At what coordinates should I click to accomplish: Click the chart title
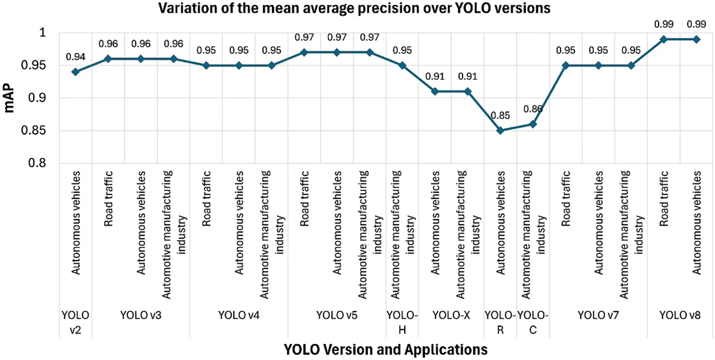(x=354, y=8)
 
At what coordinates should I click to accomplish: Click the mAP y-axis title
(x=9, y=98)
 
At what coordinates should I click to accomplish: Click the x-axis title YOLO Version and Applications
(x=385, y=349)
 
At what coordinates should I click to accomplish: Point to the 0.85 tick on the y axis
(x=33, y=131)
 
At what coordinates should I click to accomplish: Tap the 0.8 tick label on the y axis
(x=37, y=163)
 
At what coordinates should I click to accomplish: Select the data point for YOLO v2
(x=76, y=71)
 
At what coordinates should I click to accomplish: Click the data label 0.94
(x=75, y=57)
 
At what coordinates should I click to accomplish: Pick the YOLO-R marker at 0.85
(x=500, y=131)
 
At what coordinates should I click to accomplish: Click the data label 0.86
(x=532, y=109)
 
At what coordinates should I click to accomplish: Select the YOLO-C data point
(x=533, y=124)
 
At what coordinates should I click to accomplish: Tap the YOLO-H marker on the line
(x=402, y=65)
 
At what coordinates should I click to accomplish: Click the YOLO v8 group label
(x=680, y=315)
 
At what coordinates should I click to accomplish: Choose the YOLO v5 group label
(x=336, y=315)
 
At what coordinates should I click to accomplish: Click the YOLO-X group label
(x=451, y=315)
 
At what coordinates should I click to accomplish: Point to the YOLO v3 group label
(x=140, y=315)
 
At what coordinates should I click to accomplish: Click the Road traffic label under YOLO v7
(x=566, y=199)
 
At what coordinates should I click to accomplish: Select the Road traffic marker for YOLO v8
(x=664, y=39)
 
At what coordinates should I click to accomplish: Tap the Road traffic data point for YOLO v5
(x=304, y=52)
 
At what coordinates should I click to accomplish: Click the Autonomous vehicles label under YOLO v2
(x=76, y=223)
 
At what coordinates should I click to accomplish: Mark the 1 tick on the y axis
(x=43, y=33)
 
